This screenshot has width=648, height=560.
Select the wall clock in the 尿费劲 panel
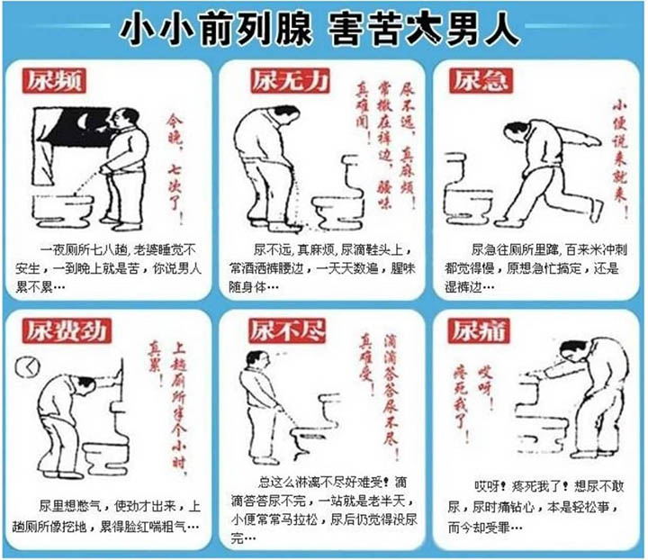pyautogui.click(x=27, y=366)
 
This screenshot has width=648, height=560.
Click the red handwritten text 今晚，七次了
pyautogui.click(x=174, y=167)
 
